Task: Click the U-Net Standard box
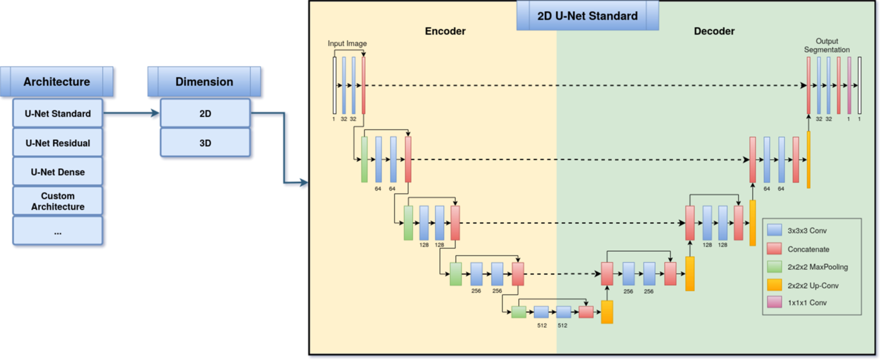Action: (57, 114)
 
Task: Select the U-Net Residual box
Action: (57, 143)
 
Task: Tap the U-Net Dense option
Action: (57, 172)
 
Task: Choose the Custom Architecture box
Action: (57, 201)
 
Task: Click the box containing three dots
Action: (57, 232)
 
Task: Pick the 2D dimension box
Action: (205, 114)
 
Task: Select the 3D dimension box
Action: (205, 143)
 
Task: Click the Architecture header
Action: (57, 82)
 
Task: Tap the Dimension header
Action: (204, 82)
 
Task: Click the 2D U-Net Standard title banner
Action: (587, 16)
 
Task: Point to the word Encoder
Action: (445, 31)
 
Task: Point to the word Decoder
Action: (714, 31)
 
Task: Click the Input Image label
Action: (347, 44)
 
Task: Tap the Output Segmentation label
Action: (827, 45)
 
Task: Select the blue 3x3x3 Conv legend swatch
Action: (774, 230)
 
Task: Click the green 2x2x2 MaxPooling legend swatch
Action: (774, 267)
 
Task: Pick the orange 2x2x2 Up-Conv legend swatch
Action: (774, 285)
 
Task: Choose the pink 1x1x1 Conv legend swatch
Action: (774, 302)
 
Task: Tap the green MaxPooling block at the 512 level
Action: (519, 312)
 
